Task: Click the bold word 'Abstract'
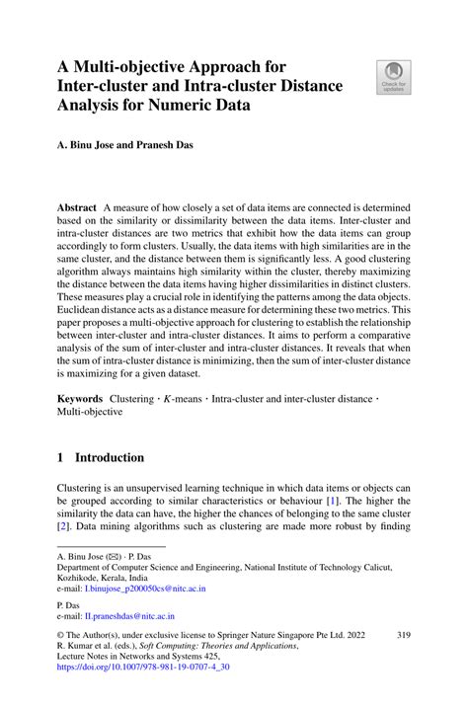pyautogui.click(x=77, y=208)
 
